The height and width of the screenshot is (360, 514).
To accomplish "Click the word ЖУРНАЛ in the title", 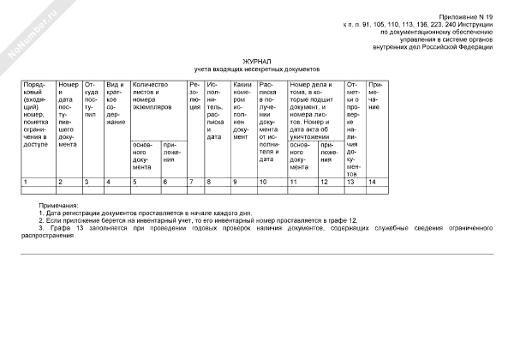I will click(x=256, y=61).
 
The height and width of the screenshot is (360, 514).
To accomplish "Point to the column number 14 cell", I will click(x=371, y=182).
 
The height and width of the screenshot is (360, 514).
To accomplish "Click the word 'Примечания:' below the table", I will click(x=59, y=206).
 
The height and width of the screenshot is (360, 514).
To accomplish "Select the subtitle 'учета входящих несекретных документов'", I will click(x=256, y=69).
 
